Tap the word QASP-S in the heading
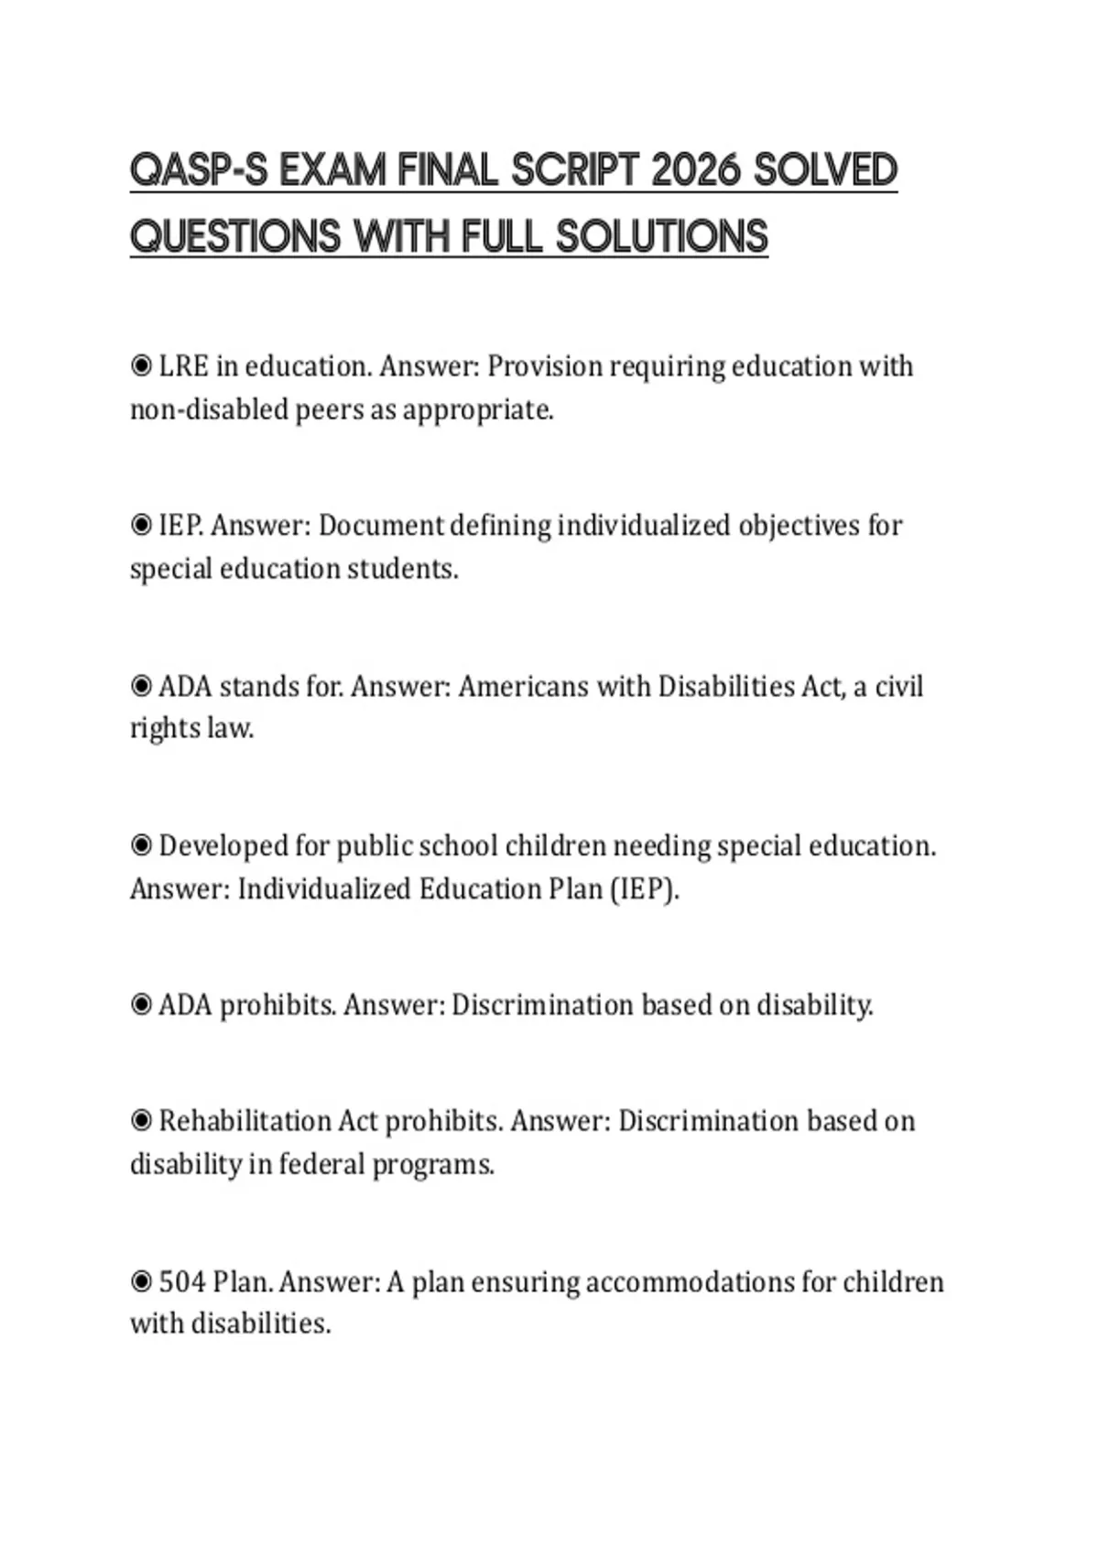(199, 170)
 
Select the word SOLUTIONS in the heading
(661, 236)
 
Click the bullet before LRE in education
(141, 366)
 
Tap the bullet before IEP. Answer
(141, 526)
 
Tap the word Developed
(223, 845)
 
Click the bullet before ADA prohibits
(141, 1006)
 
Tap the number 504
(182, 1281)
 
